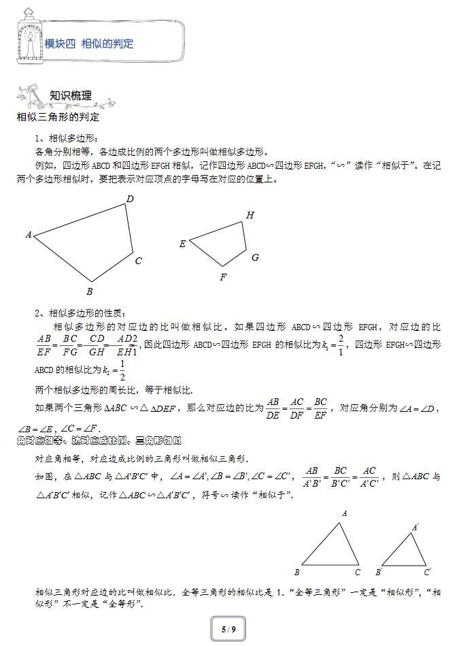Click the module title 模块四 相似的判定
pyautogui.click(x=89, y=44)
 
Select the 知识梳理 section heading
pyautogui.click(x=71, y=95)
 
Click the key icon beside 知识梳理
pyautogui.click(x=33, y=95)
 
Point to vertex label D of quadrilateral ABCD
pyautogui.click(x=130, y=199)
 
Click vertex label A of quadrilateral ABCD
pyautogui.click(x=29, y=235)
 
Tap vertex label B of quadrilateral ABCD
pyautogui.click(x=89, y=291)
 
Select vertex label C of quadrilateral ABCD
pyautogui.click(x=138, y=261)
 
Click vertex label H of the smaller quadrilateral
pyautogui.click(x=250, y=216)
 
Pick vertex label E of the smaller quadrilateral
pyautogui.click(x=182, y=244)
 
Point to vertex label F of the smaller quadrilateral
pyautogui.click(x=222, y=277)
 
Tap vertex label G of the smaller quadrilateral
pyautogui.click(x=255, y=257)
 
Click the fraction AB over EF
pyautogui.click(x=45, y=345)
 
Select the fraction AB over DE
pyautogui.click(x=273, y=408)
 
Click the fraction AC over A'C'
pyautogui.click(x=369, y=477)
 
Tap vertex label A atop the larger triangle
pyautogui.click(x=345, y=514)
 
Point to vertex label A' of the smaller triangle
pyautogui.click(x=415, y=527)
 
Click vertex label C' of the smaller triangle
pyautogui.click(x=427, y=572)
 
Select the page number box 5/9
pyautogui.click(x=228, y=630)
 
